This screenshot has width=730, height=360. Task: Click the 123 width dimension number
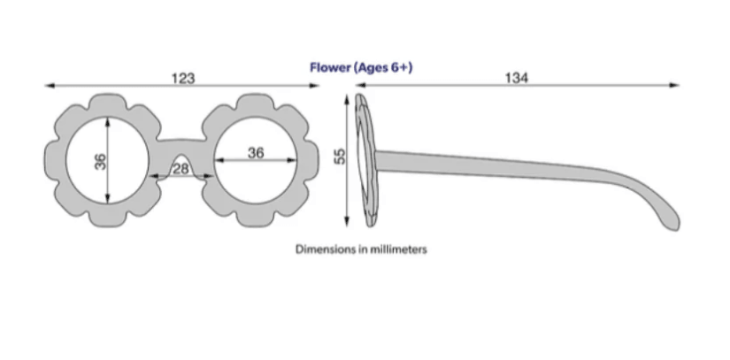pos(182,78)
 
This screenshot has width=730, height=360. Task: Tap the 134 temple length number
pos(517,78)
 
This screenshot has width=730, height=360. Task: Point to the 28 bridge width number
pos(181,169)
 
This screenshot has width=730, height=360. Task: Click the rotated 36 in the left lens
pos(100,161)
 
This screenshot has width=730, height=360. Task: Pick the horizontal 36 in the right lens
pos(256,152)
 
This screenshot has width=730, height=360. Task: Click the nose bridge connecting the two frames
pos(181,141)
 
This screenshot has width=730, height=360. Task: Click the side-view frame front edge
pos(364,159)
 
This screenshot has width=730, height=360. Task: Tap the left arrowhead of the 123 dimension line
pos(48,85)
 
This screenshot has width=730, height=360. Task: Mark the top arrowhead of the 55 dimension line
pos(346,97)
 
